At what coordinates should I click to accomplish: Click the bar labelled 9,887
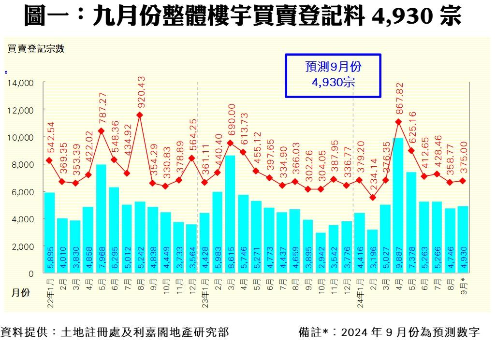(398, 205)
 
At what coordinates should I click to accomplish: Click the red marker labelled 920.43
(140, 115)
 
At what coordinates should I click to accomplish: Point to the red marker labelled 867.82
(398, 122)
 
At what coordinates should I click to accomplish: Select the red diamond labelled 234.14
(372, 197)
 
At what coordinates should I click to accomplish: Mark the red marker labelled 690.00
(230, 143)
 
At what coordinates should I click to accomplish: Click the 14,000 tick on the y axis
(20, 83)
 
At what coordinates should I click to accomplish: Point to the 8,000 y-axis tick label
(22, 165)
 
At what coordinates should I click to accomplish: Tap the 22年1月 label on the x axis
(50, 293)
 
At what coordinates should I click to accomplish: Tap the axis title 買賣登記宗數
(35, 48)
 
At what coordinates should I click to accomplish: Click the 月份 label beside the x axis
(20, 292)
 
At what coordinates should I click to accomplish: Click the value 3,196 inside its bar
(372, 262)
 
